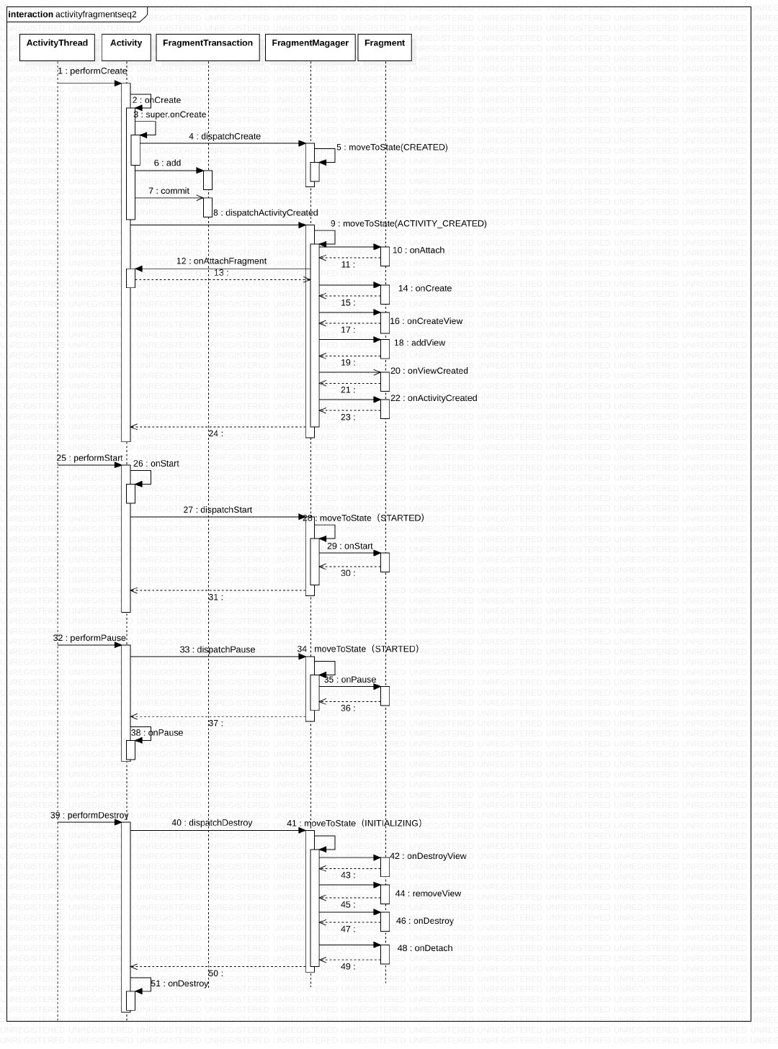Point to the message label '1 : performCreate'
point(92,71)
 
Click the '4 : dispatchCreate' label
point(225,136)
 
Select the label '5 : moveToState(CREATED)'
point(392,148)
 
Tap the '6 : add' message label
point(167,163)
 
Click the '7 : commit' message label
point(169,191)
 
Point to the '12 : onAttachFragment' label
point(221,261)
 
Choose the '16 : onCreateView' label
point(426,321)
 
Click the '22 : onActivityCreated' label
point(434,398)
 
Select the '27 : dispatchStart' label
point(218,510)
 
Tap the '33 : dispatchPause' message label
point(218,649)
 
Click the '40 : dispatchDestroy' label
point(212,823)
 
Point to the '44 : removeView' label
point(428,893)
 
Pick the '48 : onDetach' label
point(425,948)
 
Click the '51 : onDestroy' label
point(179,983)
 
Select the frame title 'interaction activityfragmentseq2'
point(72,14)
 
